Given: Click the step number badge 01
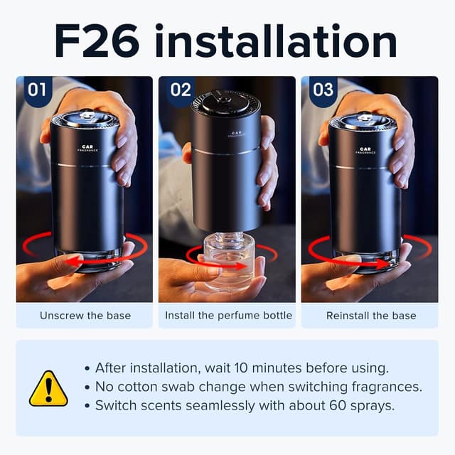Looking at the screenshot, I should click(x=36, y=90).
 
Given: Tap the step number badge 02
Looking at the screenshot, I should click(x=181, y=90).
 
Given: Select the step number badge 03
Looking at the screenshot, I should click(x=323, y=90).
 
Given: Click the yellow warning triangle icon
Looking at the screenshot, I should click(x=48, y=388).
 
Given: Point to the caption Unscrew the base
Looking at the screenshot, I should click(x=85, y=315).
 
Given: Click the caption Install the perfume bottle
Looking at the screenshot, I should click(x=228, y=315).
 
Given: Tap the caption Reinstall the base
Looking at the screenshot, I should click(x=371, y=315).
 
